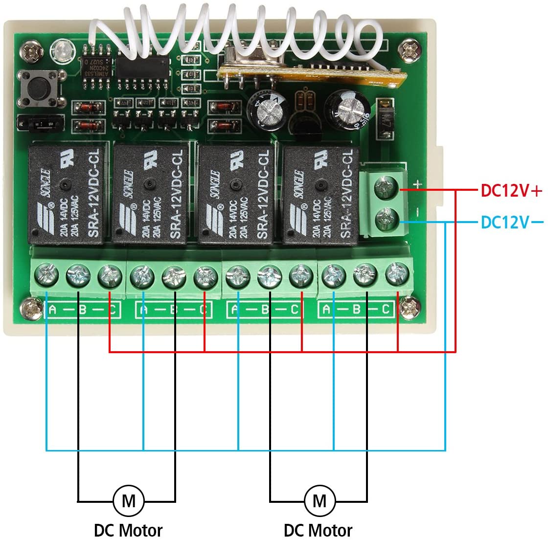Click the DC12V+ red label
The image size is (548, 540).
(x=511, y=191)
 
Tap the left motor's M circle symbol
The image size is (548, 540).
(x=128, y=500)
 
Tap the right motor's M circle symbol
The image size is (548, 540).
(x=319, y=500)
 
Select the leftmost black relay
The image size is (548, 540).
(x=68, y=192)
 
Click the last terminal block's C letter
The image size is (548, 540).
(x=386, y=309)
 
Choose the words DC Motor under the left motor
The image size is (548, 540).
(x=128, y=530)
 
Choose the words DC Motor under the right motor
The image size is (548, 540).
(x=318, y=530)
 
